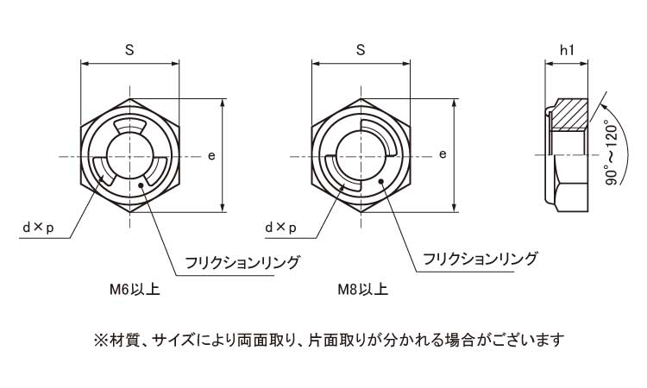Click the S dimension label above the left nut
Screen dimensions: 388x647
click(129, 51)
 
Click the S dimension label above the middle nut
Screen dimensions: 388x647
click(361, 51)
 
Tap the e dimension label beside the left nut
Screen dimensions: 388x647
click(211, 155)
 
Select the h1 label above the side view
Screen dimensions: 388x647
click(567, 51)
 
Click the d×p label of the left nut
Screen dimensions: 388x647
click(38, 227)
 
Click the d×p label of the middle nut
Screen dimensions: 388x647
click(281, 227)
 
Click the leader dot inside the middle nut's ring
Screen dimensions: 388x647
click(380, 183)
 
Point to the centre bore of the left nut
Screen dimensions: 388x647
click(130, 156)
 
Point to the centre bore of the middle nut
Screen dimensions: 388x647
click(361, 156)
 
